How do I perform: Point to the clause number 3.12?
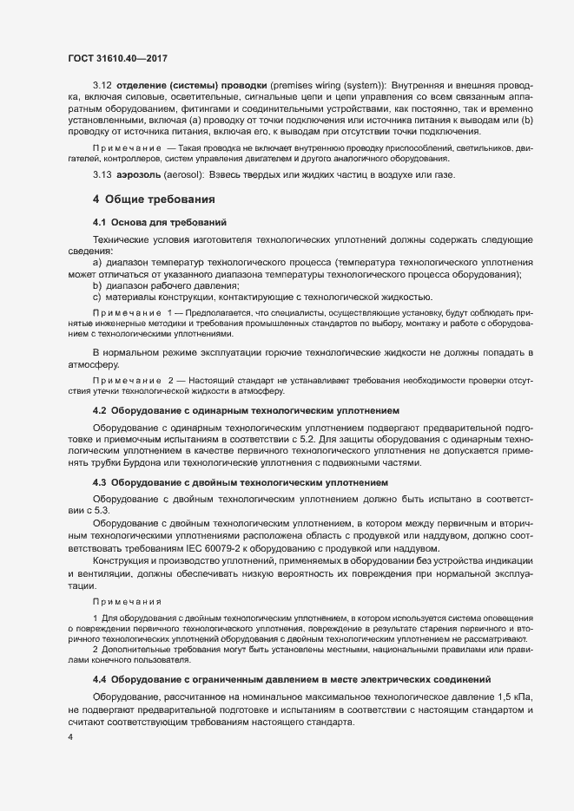(101, 88)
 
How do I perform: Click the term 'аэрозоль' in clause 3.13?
(142, 177)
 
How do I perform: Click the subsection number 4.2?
(100, 409)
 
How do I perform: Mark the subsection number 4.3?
(100, 481)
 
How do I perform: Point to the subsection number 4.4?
(100, 678)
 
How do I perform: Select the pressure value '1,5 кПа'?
(530, 697)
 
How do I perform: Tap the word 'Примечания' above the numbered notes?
(122, 600)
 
